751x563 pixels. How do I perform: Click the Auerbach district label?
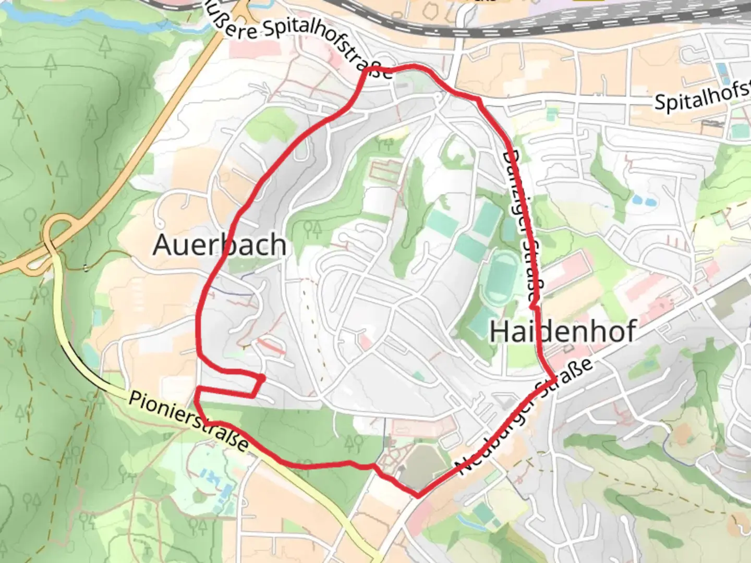[220, 244]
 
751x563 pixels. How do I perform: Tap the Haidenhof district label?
[563, 331]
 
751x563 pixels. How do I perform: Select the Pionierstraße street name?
[188, 422]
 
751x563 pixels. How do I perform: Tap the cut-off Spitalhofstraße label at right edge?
[702, 97]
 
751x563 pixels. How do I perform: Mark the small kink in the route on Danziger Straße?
[534, 304]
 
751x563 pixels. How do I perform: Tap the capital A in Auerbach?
[163, 244]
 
